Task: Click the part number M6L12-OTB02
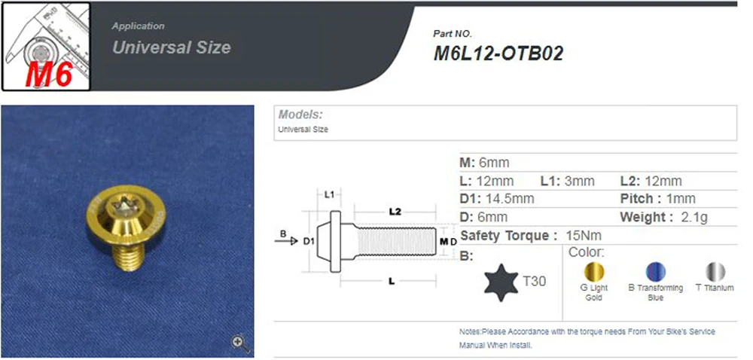[x=498, y=53]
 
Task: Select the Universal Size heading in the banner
[x=172, y=47]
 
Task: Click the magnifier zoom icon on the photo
[x=239, y=343]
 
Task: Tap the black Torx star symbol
[x=501, y=282]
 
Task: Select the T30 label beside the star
[x=534, y=281]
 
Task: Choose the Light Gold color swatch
[x=593, y=272]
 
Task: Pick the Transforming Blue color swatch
[x=656, y=272]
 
